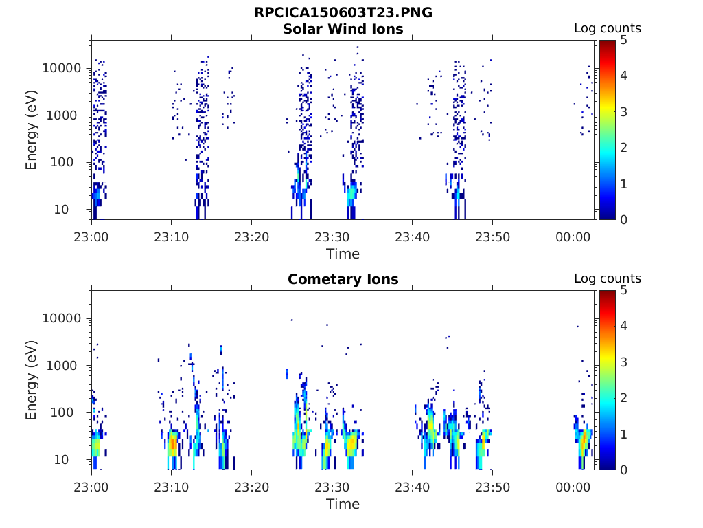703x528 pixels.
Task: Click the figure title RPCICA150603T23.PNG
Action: tap(343, 13)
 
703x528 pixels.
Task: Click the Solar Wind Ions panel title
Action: tap(343, 29)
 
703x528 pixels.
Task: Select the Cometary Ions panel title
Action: tap(343, 279)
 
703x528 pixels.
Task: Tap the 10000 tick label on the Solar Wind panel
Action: tap(62, 69)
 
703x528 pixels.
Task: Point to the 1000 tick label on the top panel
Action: tap(66, 115)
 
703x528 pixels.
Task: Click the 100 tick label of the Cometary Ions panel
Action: tap(69, 412)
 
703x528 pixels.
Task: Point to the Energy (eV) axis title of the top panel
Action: tap(32, 130)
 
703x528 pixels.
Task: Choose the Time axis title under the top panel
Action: tap(343, 254)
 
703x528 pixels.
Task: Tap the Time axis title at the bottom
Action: tap(343, 504)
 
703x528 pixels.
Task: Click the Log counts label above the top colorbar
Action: tap(607, 29)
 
